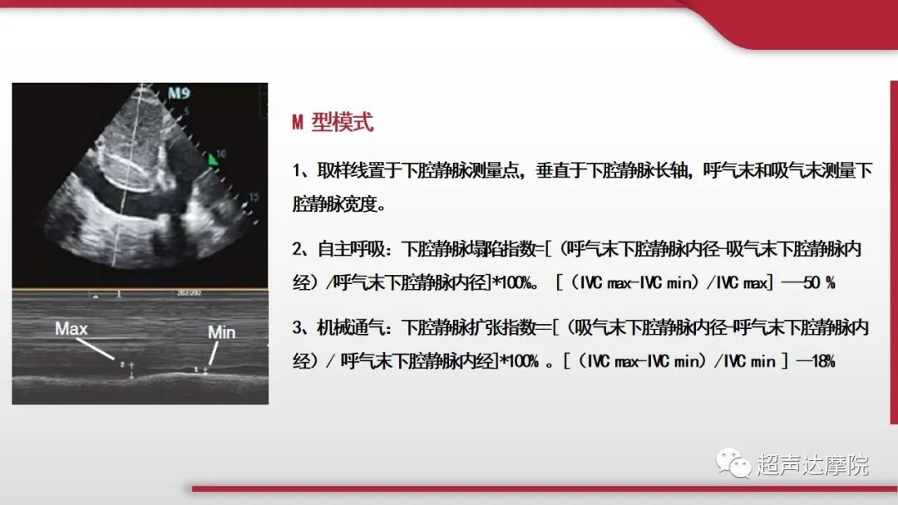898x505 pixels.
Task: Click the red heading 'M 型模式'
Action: click(333, 123)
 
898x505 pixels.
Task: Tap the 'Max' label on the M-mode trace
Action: click(71, 329)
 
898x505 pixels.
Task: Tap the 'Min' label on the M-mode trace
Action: click(221, 332)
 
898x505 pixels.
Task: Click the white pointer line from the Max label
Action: click(98, 350)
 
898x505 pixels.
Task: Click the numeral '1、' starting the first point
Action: click(300, 171)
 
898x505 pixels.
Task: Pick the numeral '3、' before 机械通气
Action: click(300, 328)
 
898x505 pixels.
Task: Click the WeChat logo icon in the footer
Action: click(734, 463)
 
